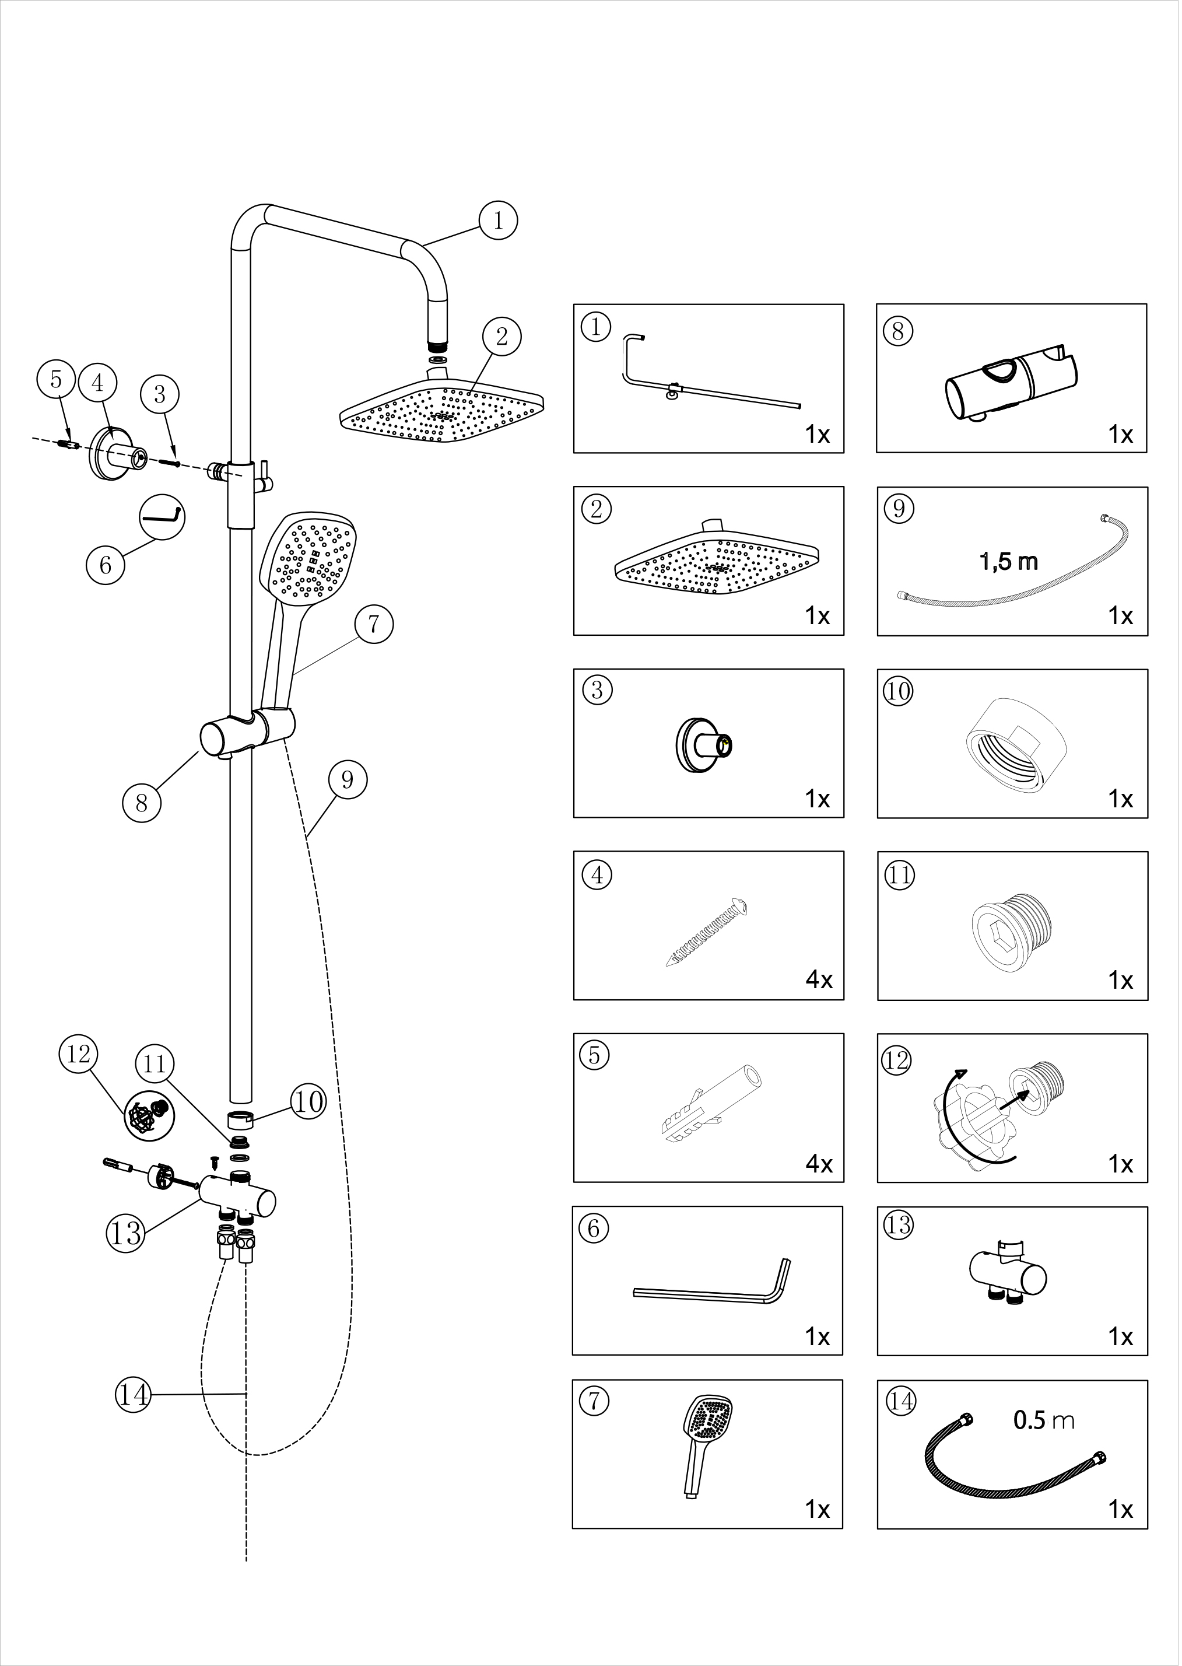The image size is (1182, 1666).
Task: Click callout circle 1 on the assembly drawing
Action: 499,220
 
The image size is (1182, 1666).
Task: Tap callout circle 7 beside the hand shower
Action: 374,624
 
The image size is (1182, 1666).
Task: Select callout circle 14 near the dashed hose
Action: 133,1394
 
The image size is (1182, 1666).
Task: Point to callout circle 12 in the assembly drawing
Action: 79,1053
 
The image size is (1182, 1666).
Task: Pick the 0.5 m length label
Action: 1044,1420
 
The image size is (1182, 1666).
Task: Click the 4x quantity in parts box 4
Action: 819,980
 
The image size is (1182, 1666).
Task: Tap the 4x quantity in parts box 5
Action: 819,1164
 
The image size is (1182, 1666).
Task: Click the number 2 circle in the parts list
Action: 597,509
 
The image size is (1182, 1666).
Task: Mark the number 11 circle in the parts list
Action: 900,874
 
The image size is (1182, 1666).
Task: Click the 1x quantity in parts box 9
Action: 1121,616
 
